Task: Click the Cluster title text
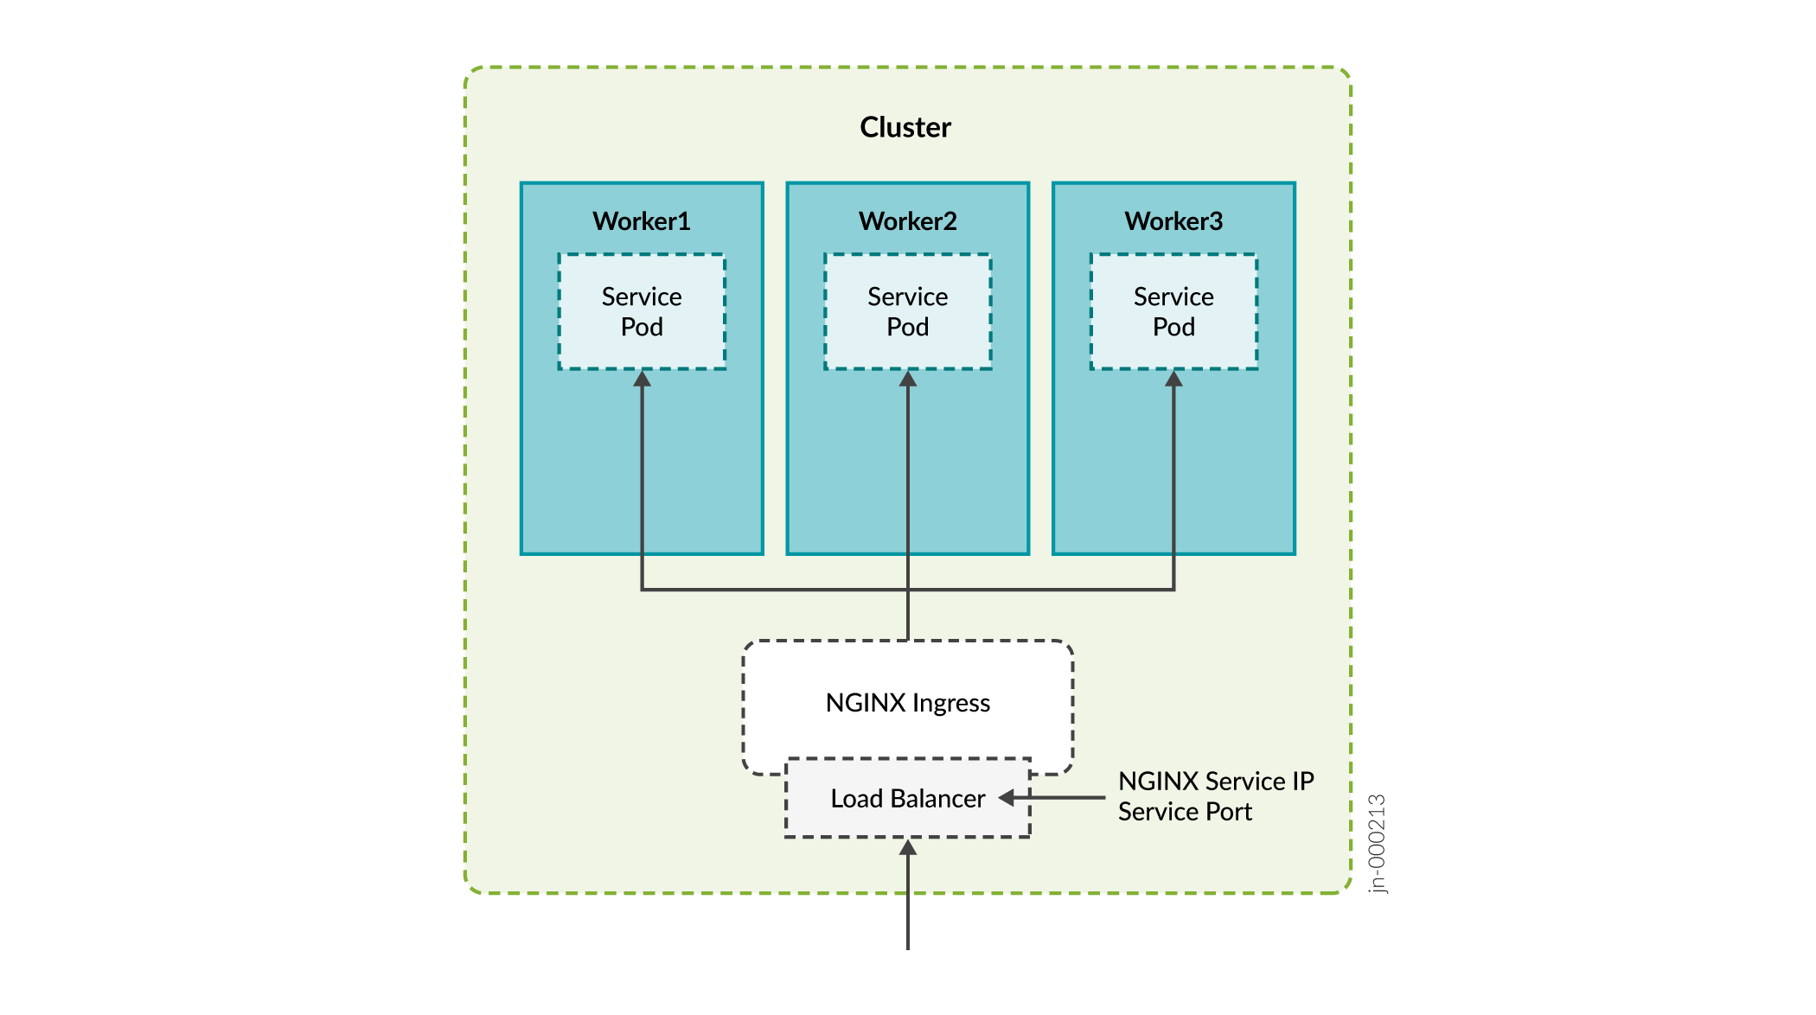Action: pos(905,127)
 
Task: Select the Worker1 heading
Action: pos(642,221)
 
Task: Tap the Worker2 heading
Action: pos(908,221)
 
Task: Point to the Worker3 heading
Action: pos(1173,221)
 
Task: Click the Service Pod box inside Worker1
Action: pos(642,312)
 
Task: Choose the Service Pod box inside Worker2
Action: pos(908,312)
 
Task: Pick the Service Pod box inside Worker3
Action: pos(1173,312)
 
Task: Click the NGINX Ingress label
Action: pos(908,703)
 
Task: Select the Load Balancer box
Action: pos(908,798)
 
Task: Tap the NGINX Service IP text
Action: pos(1216,782)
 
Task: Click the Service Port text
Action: pos(1185,812)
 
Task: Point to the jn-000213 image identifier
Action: pos(1378,843)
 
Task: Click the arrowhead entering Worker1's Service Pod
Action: pos(642,379)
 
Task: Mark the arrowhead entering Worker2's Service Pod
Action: pos(908,379)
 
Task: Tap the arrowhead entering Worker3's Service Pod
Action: pos(1173,379)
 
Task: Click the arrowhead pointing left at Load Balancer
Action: pos(1007,798)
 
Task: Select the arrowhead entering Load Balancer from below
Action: pos(908,847)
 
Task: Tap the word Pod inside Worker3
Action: pos(1173,328)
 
